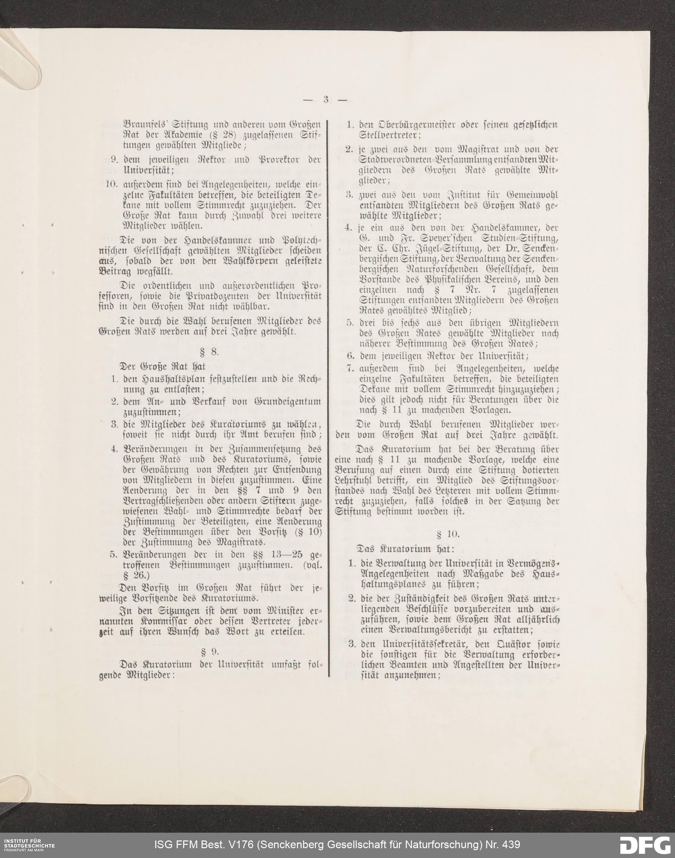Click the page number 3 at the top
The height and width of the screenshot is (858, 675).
[326, 100]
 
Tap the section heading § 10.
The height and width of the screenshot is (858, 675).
[448, 534]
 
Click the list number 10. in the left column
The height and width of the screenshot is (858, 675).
[113, 185]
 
